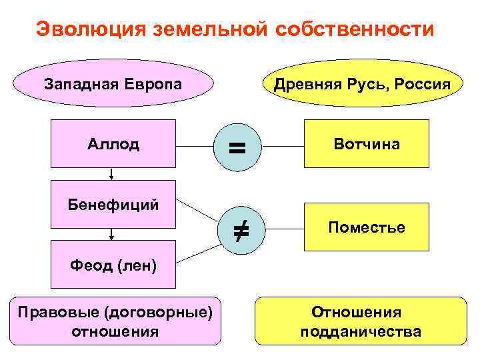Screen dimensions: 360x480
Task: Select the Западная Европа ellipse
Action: (x=113, y=85)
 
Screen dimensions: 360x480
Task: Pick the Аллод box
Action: (x=113, y=143)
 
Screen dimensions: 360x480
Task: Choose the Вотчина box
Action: (x=367, y=143)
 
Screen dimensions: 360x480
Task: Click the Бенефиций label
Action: (x=113, y=204)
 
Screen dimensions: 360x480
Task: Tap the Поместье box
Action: (x=367, y=227)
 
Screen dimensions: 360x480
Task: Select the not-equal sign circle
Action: (x=239, y=231)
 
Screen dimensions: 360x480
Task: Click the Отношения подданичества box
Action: (x=360, y=321)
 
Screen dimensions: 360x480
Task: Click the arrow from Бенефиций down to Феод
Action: (x=112, y=233)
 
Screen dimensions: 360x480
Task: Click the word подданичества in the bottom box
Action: (x=360, y=331)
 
